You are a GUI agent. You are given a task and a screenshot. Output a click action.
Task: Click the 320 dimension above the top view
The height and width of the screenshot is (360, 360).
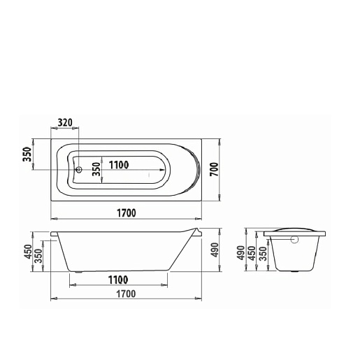[65, 122]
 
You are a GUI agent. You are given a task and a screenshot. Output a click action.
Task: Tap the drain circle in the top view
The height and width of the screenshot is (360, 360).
[79, 169]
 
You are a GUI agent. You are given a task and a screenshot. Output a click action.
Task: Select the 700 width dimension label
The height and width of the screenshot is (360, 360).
[215, 169]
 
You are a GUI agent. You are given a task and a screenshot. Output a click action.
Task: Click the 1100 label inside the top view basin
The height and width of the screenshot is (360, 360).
[119, 165]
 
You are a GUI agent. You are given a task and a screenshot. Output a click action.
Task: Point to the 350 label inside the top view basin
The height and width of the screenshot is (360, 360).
[96, 169]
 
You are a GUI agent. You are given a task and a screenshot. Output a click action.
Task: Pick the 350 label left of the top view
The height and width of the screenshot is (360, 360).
[27, 154]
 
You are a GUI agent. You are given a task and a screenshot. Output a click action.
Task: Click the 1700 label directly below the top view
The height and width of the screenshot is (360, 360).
[127, 213]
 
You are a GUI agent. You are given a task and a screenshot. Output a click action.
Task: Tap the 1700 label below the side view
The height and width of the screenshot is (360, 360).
[126, 294]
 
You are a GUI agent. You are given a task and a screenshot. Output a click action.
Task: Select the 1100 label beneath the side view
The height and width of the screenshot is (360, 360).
[118, 280]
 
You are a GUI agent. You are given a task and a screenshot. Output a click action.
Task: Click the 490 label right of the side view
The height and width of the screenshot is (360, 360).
[215, 250]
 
